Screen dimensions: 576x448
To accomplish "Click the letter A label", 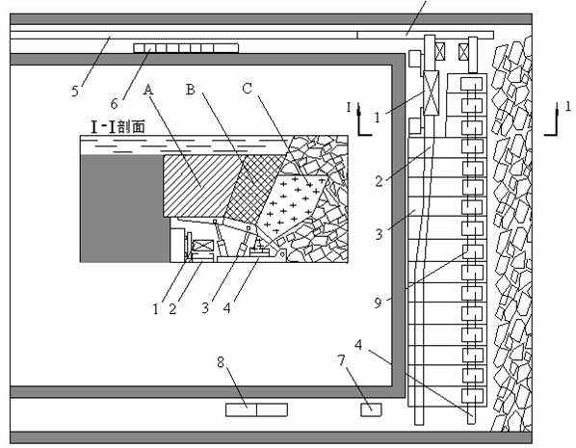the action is point(148,90).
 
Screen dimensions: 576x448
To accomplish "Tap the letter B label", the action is point(191,89).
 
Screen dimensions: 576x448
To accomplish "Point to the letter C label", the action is point(248,89).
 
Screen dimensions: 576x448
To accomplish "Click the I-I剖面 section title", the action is point(118,127).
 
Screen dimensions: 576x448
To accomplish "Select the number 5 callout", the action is point(75,91).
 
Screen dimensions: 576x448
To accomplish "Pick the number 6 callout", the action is point(115,104).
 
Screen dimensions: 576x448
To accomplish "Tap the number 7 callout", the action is point(342,360).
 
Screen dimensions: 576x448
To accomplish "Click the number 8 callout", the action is point(221,362).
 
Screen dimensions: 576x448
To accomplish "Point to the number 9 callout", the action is point(378,303).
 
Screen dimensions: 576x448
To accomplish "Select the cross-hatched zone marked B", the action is point(254,189).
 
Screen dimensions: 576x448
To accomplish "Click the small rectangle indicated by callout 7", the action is point(371,409).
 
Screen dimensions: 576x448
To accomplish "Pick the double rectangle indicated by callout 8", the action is point(256,409).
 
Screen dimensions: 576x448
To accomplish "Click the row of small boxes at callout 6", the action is point(186,48).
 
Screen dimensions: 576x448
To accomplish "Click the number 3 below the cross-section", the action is point(205,307).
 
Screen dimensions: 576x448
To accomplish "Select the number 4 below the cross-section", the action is point(227,307).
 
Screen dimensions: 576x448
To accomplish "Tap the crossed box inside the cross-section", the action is point(203,246).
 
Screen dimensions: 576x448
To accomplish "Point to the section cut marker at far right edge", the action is point(556,119).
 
